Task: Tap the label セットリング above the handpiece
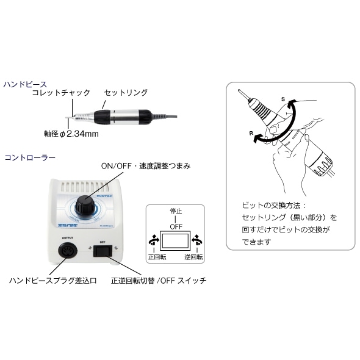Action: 126,93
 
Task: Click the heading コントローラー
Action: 29,157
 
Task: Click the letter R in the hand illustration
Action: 251,131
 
